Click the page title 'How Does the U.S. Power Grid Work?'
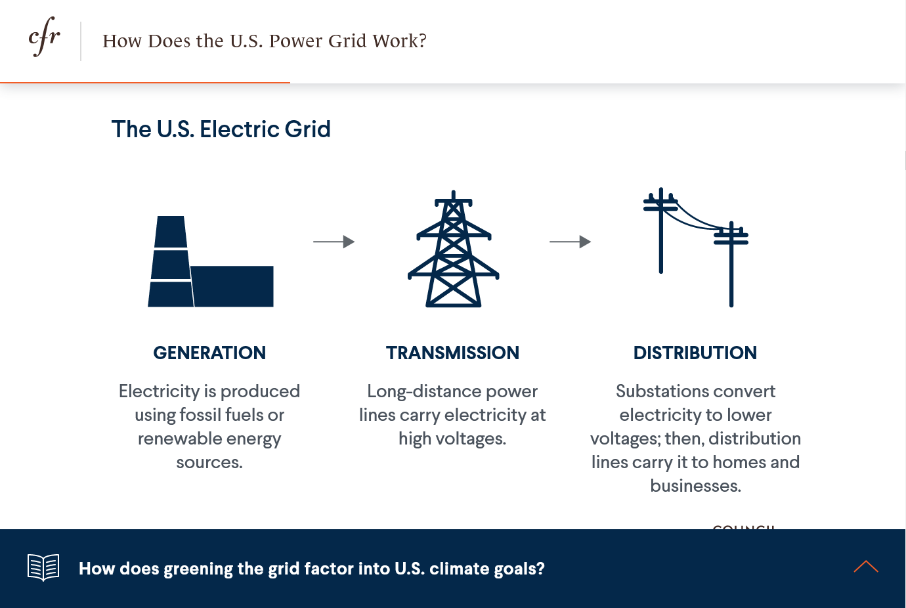tap(265, 41)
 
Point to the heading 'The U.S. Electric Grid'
tap(221, 129)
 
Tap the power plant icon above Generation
tap(211, 261)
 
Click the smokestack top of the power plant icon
tap(171, 231)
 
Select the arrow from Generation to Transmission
tap(334, 242)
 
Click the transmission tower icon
tap(454, 249)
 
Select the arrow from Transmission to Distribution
tap(570, 242)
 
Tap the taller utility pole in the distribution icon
tap(661, 230)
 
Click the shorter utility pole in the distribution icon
tap(731, 264)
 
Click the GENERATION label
tap(209, 353)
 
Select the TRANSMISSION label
tap(452, 353)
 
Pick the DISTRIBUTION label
tap(695, 353)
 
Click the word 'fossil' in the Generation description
tap(200, 415)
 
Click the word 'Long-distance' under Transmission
tap(424, 392)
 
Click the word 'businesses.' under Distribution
tap(696, 486)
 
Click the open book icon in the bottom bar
tap(43, 567)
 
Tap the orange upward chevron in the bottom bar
tap(866, 567)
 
